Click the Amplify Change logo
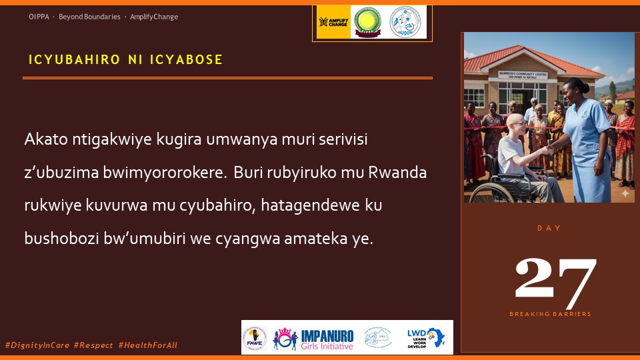pyautogui.click(x=333, y=22)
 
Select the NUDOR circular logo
pyautogui.click(x=407, y=22)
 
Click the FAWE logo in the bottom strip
pyautogui.click(x=255, y=337)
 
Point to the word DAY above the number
pyautogui.click(x=549, y=228)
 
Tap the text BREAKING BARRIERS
pyautogui.click(x=550, y=314)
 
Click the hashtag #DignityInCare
pyautogui.click(x=37, y=345)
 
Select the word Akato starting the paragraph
pyautogui.click(x=42, y=140)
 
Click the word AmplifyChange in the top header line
pyautogui.click(x=154, y=17)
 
